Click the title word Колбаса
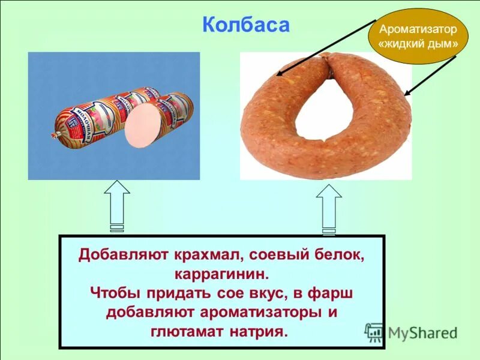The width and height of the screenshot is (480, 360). pos(246,25)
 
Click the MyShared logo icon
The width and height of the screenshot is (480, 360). pos(374,332)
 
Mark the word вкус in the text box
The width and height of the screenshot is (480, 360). pos(257,293)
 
